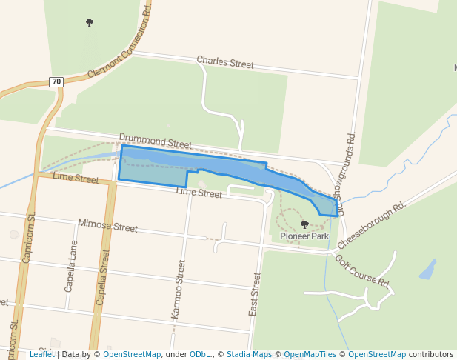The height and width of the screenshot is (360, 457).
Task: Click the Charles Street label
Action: point(225,62)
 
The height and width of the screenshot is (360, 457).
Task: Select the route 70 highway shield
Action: point(57,81)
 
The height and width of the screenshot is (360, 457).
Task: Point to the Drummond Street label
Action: point(155,140)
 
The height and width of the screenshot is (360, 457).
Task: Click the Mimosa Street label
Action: point(108,226)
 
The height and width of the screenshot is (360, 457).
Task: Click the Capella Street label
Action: point(103,278)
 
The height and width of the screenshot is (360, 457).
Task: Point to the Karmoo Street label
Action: point(178,289)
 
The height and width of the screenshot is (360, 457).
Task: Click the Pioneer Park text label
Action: point(304,236)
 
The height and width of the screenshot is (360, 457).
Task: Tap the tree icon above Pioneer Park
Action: point(304,224)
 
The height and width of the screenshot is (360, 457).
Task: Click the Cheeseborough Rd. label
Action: point(372,224)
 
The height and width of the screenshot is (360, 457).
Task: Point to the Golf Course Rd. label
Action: point(361,271)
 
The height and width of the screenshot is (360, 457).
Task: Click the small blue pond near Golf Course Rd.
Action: point(428,270)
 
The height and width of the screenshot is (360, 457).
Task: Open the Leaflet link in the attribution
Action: point(41,354)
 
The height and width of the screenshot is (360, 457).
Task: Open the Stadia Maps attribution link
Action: point(249,354)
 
